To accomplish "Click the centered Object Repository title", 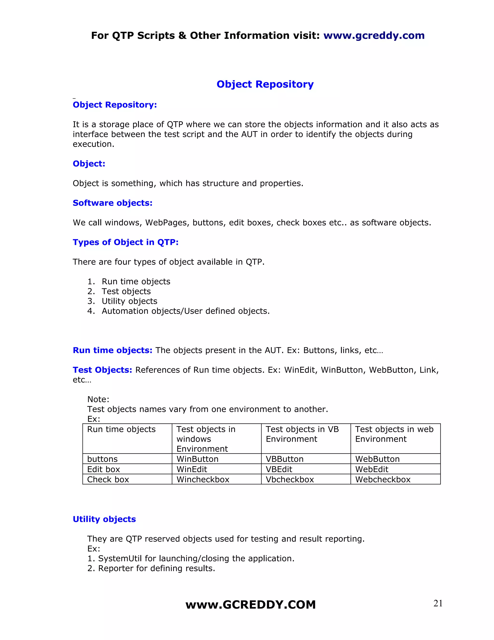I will [265, 84].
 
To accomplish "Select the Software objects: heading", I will [112, 203].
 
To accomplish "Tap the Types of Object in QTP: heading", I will [125, 242].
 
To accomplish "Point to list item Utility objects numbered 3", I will [129, 301].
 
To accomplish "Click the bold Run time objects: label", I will [112, 350].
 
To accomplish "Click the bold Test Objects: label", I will [103, 370].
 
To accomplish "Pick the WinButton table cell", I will [198, 459].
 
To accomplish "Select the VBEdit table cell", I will [279, 469].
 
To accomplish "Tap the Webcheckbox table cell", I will [383, 479].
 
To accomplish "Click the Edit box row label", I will [103, 469].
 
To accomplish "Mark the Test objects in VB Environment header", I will [302, 434].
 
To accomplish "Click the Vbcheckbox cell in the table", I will [290, 479].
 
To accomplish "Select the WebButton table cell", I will [377, 459].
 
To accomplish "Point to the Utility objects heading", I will [104, 519].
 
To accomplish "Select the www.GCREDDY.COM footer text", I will [251, 605].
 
